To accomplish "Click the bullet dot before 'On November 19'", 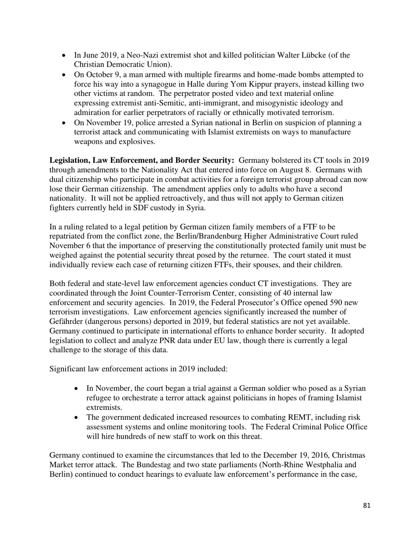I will coord(65,123).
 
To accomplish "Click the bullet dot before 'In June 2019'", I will coord(65,56).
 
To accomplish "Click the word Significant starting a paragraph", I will coord(68,369).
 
